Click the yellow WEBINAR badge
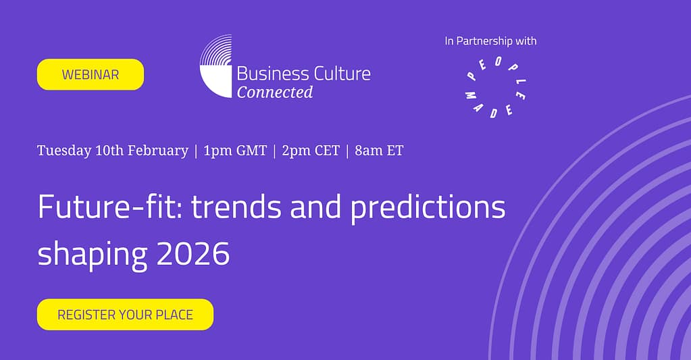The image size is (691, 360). pos(91,74)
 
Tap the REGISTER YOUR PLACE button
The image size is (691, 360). pos(125,315)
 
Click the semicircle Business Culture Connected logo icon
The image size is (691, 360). pos(215,66)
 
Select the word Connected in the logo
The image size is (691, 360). pos(275,92)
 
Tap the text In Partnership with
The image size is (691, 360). pos(490,41)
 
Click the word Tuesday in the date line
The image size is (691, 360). pos(64,151)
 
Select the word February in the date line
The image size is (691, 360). pos(158,151)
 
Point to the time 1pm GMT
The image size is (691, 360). pos(235,151)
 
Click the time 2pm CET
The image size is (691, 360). pos(311,151)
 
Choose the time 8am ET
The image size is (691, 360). pos(379,151)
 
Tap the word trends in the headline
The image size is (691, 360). pos(236,206)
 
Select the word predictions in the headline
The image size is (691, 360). pos(428,207)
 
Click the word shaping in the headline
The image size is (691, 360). pos(93,255)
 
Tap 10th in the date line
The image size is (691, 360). pos(109,151)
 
